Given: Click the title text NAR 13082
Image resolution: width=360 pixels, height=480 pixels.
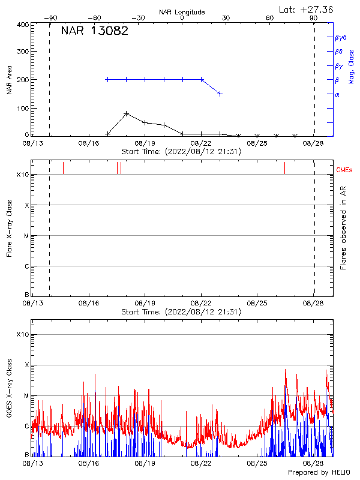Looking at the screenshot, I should pos(94,32).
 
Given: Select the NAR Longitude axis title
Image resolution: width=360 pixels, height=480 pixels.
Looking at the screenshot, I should pos(182,12).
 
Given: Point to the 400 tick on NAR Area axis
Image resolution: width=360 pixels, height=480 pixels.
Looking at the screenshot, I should pos(22,25).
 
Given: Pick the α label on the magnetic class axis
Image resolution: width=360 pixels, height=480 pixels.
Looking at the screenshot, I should pos(337,94).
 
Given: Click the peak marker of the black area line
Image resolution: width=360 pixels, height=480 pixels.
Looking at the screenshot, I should pos(126,113).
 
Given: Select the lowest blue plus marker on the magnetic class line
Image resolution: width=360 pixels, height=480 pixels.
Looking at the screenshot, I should pos(220,94).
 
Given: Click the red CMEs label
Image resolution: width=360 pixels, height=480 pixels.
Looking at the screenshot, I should pos(344,171).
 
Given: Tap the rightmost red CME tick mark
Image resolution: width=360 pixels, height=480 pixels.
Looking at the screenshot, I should pos(284,168).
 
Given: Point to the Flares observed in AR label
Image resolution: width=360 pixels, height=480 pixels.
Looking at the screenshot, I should pos(343,232).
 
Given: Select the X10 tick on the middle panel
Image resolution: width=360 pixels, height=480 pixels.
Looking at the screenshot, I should pos(22,175).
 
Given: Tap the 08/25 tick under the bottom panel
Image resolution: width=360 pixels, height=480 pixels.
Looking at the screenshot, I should pos(257,463).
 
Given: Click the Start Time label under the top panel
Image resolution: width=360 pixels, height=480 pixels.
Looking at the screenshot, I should pos(181,152).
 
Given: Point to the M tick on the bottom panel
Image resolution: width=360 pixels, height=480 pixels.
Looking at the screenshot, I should pos(26,396).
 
